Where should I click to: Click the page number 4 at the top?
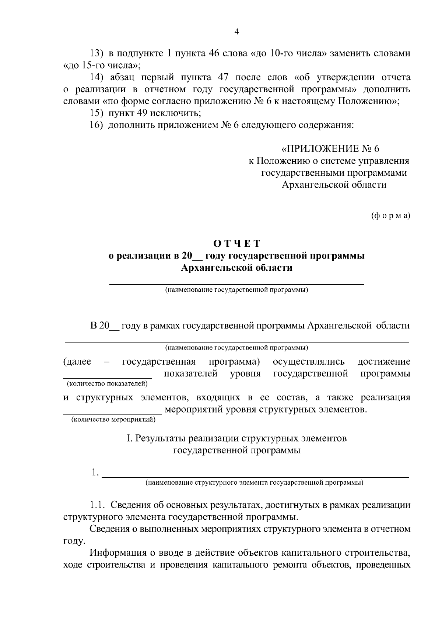tap(236, 32)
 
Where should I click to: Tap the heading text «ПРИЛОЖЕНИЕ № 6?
tap(330, 149)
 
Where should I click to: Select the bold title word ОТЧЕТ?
tap(237, 244)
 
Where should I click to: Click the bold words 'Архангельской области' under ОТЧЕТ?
tap(237, 268)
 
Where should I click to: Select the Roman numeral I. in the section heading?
tap(129, 439)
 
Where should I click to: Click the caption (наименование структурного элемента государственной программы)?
tap(255, 482)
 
